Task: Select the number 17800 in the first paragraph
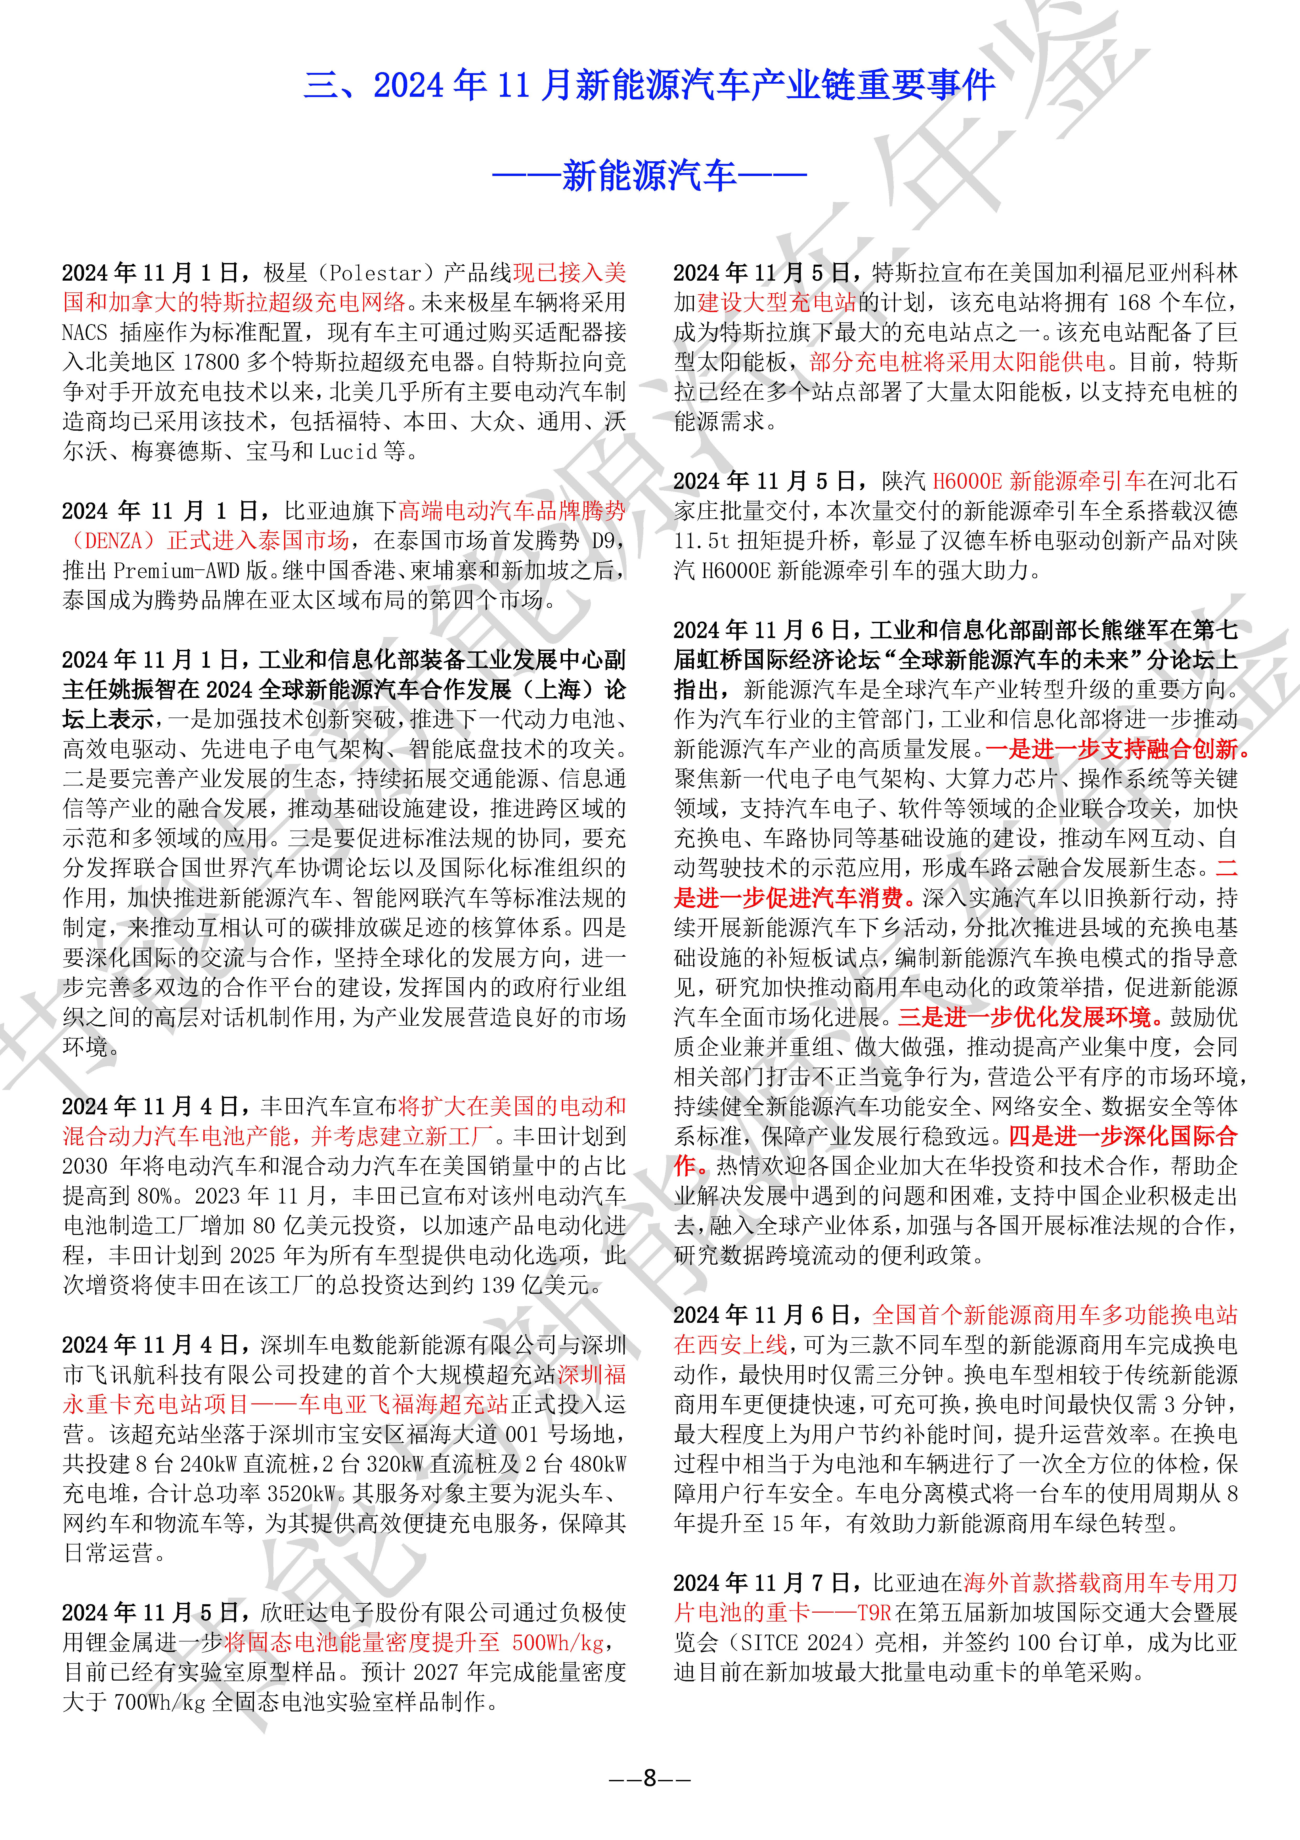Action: pyautogui.click(x=211, y=362)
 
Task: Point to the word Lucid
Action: pyautogui.click(x=349, y=452)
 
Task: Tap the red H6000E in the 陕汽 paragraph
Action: pyautogui.click(x=967, y=482)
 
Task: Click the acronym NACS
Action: pyautogui.click(x=85, y=333)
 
